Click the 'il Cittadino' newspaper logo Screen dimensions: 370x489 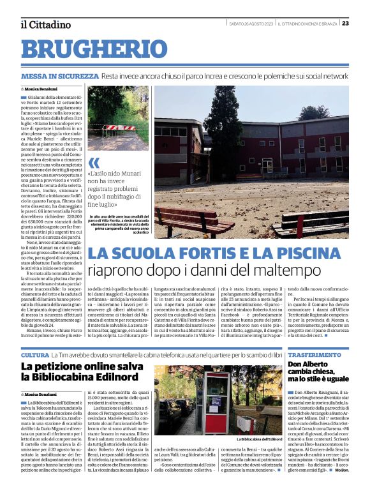[x=45, y=24]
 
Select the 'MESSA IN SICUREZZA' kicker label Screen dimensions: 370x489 [x=59, y=76]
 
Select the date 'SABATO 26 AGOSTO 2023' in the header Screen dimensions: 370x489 [x=251, y=24]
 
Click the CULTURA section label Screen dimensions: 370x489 [x=34, y=354]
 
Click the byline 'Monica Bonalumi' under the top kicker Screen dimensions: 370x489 [x=42, y=89]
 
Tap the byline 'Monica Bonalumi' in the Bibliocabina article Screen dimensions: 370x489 [x=42, y=395]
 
